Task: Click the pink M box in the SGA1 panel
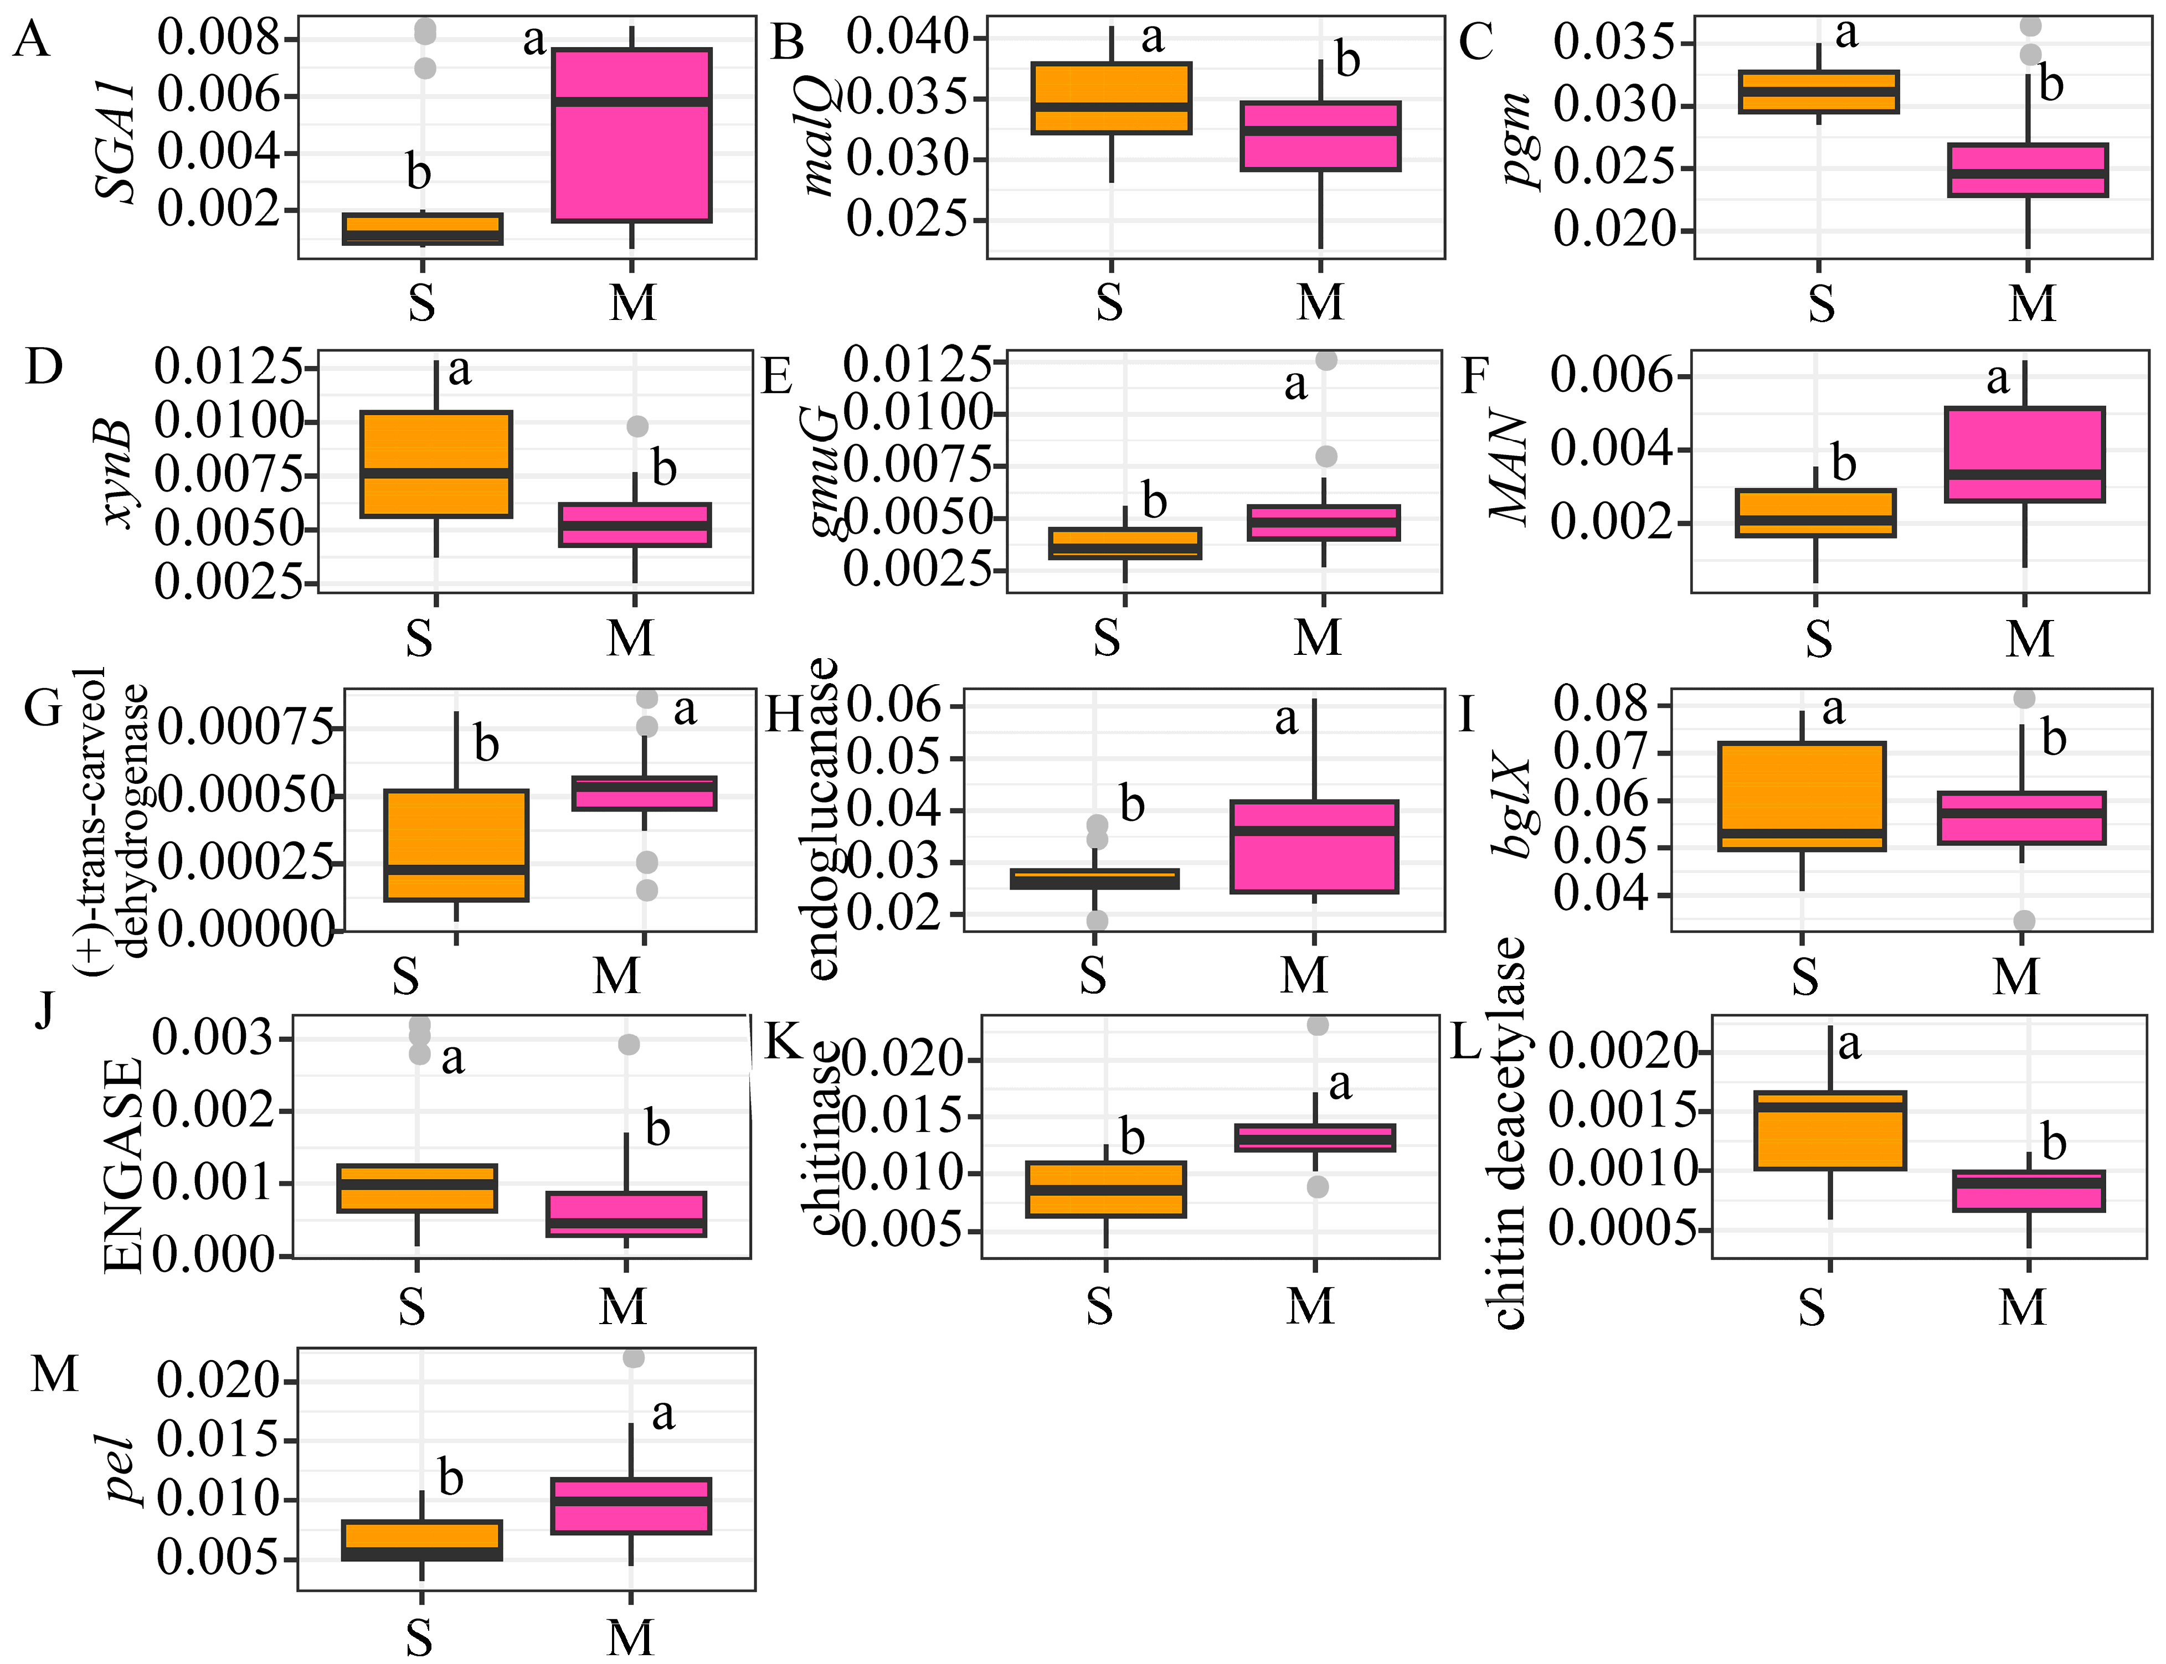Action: [631, 135]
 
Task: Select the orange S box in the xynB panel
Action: [436, 463]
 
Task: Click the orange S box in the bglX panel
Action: [1802, 795]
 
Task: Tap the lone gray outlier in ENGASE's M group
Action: [628, 1044]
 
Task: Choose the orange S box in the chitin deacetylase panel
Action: [1829, 1130]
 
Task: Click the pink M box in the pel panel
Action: [631, 1506]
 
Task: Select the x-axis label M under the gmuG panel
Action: [1318, 637]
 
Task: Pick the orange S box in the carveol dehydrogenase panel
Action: [456, 845]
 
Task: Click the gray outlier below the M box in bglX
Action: [2024, 920]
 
